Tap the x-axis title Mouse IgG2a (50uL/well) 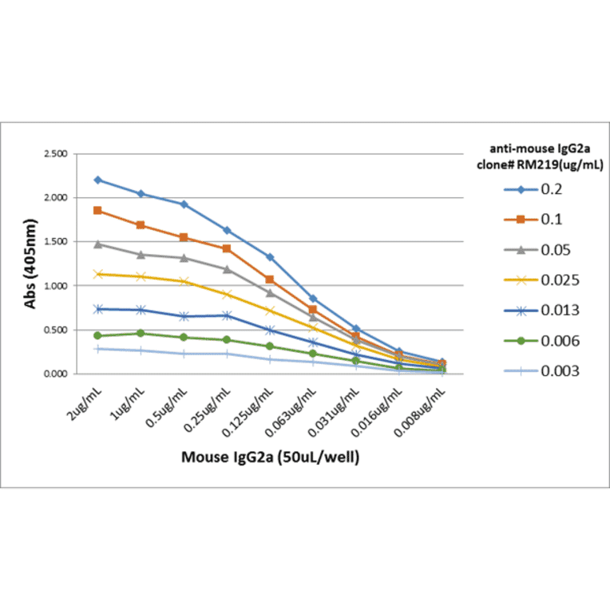(270, 457)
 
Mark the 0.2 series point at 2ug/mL (97, 180)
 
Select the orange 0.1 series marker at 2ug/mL (97, 210)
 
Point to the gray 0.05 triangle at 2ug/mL (97, 244)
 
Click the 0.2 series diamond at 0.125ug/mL (270, 257)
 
